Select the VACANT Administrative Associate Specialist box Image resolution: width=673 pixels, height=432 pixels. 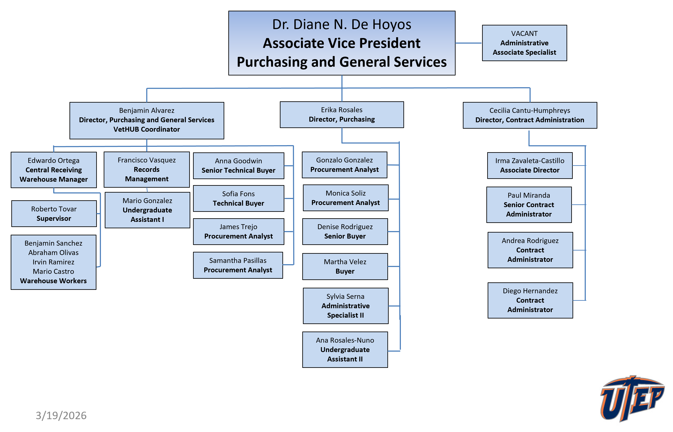[524, 43]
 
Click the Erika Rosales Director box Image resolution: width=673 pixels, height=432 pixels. [341, 114]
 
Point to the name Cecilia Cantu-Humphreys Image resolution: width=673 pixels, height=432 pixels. [529, 111]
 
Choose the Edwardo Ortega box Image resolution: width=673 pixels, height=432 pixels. [54, 170]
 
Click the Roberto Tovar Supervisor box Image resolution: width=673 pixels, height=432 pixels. [54, 214]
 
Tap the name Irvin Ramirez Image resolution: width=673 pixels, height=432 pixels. [53, 262]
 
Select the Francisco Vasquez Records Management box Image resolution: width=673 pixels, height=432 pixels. [146, 170]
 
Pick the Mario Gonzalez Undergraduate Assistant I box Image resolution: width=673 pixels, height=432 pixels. [147, 210]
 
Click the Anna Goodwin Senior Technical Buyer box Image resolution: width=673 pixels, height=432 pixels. [238, 165]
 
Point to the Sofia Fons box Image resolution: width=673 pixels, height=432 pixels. [238, 198]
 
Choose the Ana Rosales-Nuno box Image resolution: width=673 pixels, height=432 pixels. [345, 349]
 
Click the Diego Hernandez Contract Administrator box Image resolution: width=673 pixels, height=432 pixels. [530, 300]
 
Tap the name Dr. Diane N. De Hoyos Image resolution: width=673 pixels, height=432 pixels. [341, 24]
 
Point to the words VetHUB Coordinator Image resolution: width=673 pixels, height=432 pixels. [146, 129]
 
